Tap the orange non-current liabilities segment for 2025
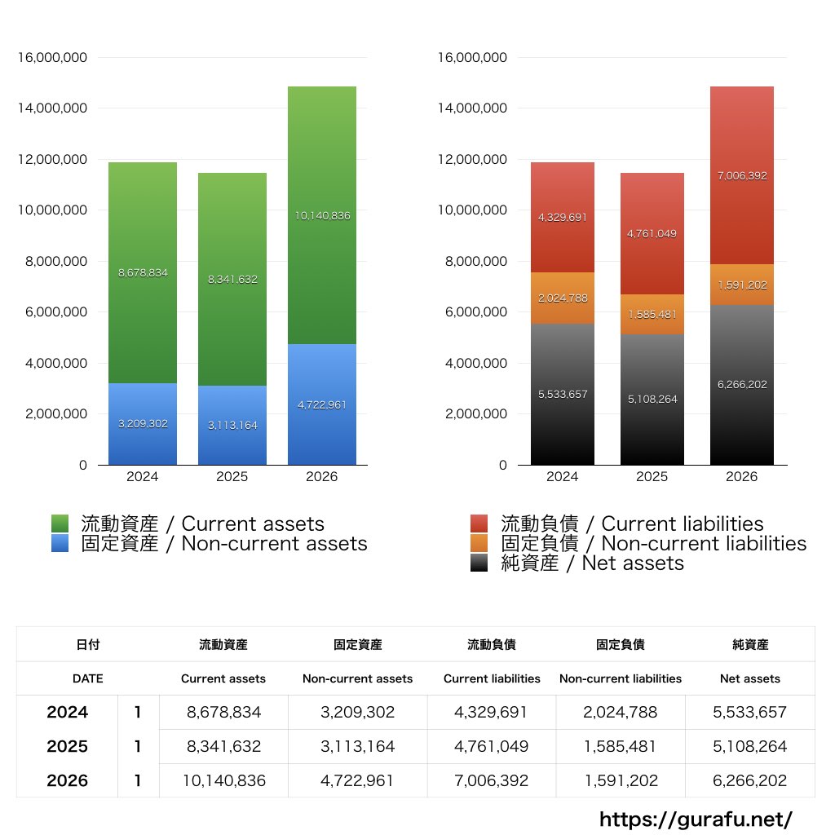pos(652,302)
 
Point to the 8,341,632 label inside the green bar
pos(232,279)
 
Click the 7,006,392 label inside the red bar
pos(742,175)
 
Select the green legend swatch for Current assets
pos(60,524)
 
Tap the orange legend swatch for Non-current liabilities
pos(479,543)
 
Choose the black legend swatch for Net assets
pos(479,563)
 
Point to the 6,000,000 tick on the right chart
pos(473,312)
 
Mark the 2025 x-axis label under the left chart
pos(232,477)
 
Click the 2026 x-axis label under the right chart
pos(742,477)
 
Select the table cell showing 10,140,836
pos(224,780)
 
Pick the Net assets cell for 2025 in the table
pos(749,746)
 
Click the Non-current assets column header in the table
pos(357,678)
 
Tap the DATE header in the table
pos(87,678)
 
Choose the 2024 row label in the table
pos(67,712)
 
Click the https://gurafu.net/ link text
pos(696,819)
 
